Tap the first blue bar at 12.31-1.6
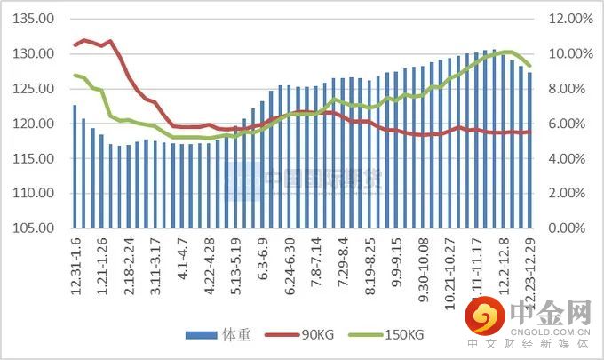75,166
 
